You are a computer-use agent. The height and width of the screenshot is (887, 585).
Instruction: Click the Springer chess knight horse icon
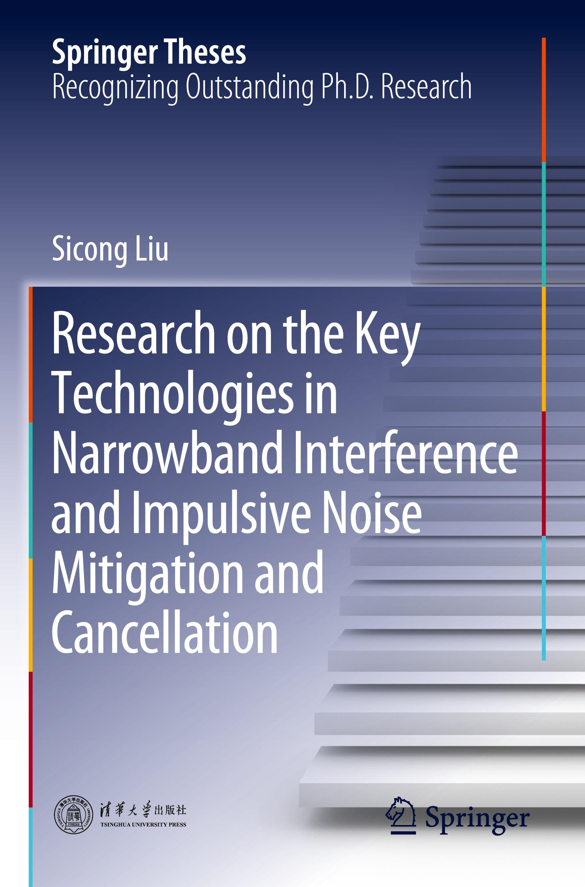[401, 815]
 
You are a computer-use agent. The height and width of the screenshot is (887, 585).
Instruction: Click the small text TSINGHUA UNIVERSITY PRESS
[143, 825]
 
